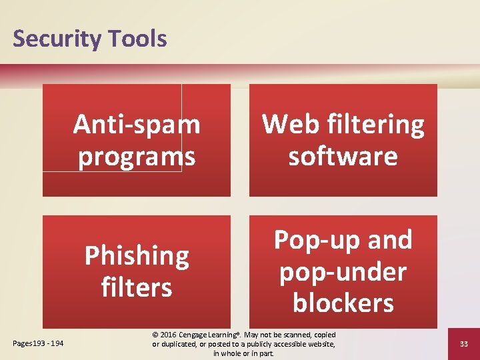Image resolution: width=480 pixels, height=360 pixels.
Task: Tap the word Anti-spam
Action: tap(137, 124)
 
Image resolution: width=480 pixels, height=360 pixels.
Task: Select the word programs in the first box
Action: tap(137, 156)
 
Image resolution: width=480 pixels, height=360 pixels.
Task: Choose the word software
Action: tap(343, 156)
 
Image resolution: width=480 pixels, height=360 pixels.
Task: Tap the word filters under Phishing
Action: tap(137, 287)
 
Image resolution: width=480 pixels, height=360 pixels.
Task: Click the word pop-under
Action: tap(343, 272)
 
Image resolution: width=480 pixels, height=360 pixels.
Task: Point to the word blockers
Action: tap(343, 303)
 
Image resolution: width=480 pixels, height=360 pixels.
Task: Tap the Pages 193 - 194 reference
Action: tap(38, 343)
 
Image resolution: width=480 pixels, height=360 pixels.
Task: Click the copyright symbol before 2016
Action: tap(156, 335)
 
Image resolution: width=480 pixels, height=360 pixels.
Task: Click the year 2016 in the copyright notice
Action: tap(171, 335)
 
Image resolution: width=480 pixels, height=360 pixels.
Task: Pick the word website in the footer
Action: tap(319, 344)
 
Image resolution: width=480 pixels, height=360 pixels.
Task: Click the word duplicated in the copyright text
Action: tap(183, 344)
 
